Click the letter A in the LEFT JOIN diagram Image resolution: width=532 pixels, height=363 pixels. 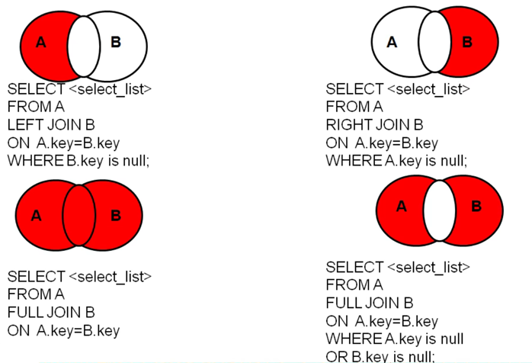(41, 43)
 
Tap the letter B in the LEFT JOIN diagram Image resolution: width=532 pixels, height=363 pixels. (116, 43)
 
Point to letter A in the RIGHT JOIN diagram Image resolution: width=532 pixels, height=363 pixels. (392, 43)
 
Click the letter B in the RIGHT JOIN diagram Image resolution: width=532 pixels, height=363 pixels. (467, 43)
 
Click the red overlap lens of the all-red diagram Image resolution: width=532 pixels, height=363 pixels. (79, 216)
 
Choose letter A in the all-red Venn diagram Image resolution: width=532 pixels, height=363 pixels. (36, 216)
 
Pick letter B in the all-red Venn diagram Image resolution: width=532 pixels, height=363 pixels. (116, 216)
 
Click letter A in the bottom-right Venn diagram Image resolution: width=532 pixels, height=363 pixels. (401, 206)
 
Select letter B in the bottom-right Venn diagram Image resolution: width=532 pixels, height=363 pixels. (476, 206)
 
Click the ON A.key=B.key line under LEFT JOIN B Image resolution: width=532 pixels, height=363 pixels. (63, 143)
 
